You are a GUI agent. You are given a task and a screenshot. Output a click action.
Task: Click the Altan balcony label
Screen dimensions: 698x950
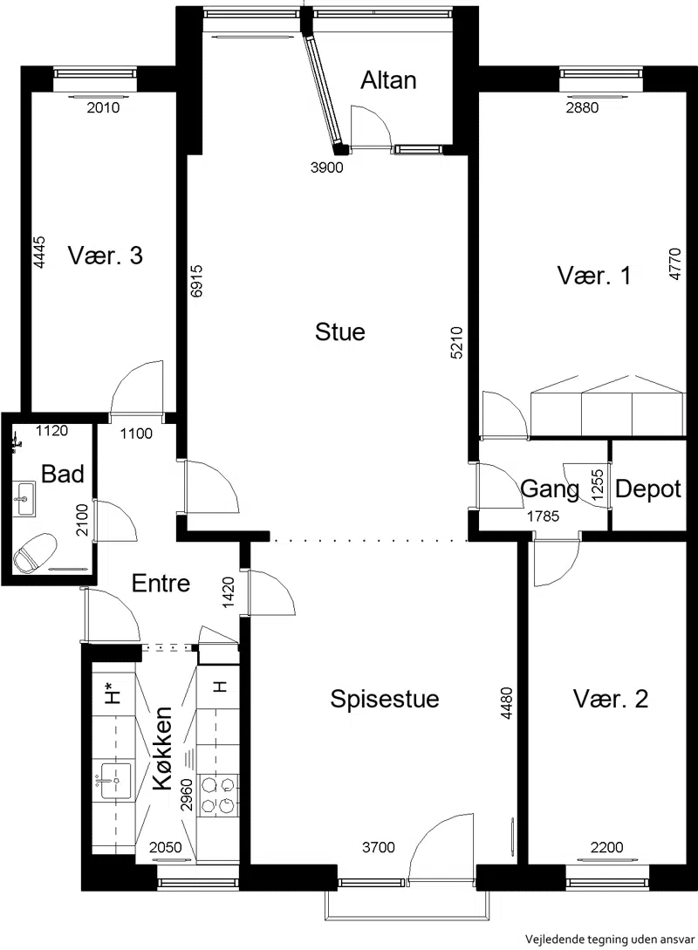click(x=388, y=80)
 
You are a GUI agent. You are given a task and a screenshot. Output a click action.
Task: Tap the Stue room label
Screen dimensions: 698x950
click(x=340, y=332)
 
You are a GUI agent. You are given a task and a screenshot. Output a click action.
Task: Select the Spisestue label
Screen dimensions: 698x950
click(x=384, y=699)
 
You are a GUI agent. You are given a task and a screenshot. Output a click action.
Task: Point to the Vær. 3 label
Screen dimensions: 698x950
click(x=106, y=256)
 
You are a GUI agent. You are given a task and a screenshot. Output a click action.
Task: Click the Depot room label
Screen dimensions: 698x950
click(x=647, y=489)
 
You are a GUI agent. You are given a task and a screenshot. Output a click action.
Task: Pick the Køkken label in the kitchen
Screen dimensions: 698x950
click(x=163, y=748)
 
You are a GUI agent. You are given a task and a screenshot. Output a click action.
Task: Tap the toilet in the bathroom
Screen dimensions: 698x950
click(x=35, y=552)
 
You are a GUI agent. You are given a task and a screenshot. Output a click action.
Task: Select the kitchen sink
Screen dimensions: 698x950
click(x=115, y=781)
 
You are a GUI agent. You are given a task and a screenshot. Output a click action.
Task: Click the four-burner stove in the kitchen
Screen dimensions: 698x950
click(x=217, y=795)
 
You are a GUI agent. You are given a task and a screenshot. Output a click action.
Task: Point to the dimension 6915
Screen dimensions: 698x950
click(x=195, y=282)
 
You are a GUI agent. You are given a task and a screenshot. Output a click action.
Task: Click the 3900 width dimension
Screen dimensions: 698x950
click(x=326, y=167)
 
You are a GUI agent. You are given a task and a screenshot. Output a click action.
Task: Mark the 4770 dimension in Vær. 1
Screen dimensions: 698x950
click(x=675, y=264)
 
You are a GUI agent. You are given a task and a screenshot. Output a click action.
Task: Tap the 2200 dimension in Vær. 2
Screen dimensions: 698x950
click(x=606, y=847)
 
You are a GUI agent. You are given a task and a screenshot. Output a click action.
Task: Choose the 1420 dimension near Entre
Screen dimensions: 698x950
click(x=229, y=593)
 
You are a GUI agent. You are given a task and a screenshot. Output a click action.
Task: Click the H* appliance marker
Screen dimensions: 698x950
click(x=111, y=692)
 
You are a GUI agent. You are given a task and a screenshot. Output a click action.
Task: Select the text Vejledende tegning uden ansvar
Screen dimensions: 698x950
click(x=611, y=939)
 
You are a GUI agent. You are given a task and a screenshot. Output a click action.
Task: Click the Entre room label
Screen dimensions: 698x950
click(x=161, y=584)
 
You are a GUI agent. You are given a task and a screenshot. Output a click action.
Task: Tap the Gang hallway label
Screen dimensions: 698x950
click(x=550, y=489)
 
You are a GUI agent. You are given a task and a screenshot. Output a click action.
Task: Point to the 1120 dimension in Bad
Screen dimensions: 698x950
click(x=52, y=431)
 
